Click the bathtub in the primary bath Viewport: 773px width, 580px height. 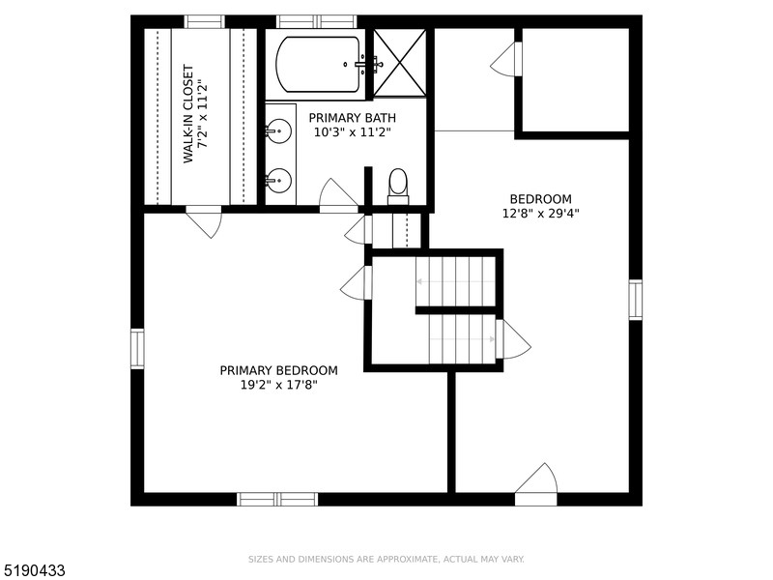pos(319,64)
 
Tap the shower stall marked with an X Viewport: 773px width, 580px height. pos(399,63)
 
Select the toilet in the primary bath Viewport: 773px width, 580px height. pos(398,184)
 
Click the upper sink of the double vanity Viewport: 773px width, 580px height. pos(279,130)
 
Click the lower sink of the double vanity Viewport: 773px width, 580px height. pos(279,179)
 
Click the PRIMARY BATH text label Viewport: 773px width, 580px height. pos(352,118)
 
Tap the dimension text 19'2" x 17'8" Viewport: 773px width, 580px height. pos(278,385)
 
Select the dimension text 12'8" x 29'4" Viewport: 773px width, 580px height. pos(540,214)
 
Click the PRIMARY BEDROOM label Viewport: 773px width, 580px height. pos(278,370)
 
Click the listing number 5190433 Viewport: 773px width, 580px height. pos(34,570)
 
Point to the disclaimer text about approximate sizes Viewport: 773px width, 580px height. pos(386,559)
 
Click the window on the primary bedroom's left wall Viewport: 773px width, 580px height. pos(137,348)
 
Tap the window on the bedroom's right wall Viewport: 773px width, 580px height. pos(635,300)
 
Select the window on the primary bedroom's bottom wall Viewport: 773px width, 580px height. pos(277,499)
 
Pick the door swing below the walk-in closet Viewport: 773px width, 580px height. pos(204,222)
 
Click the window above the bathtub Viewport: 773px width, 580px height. pos(316,21)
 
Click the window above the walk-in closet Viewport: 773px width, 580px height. pos(204,21)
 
